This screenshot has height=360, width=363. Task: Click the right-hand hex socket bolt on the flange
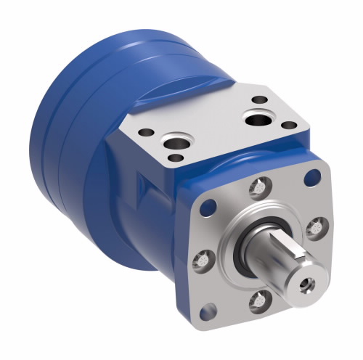pyautogui.click(x=314, y=229)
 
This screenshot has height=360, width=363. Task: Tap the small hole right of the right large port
pyautogui.click(x=289, y=125)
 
